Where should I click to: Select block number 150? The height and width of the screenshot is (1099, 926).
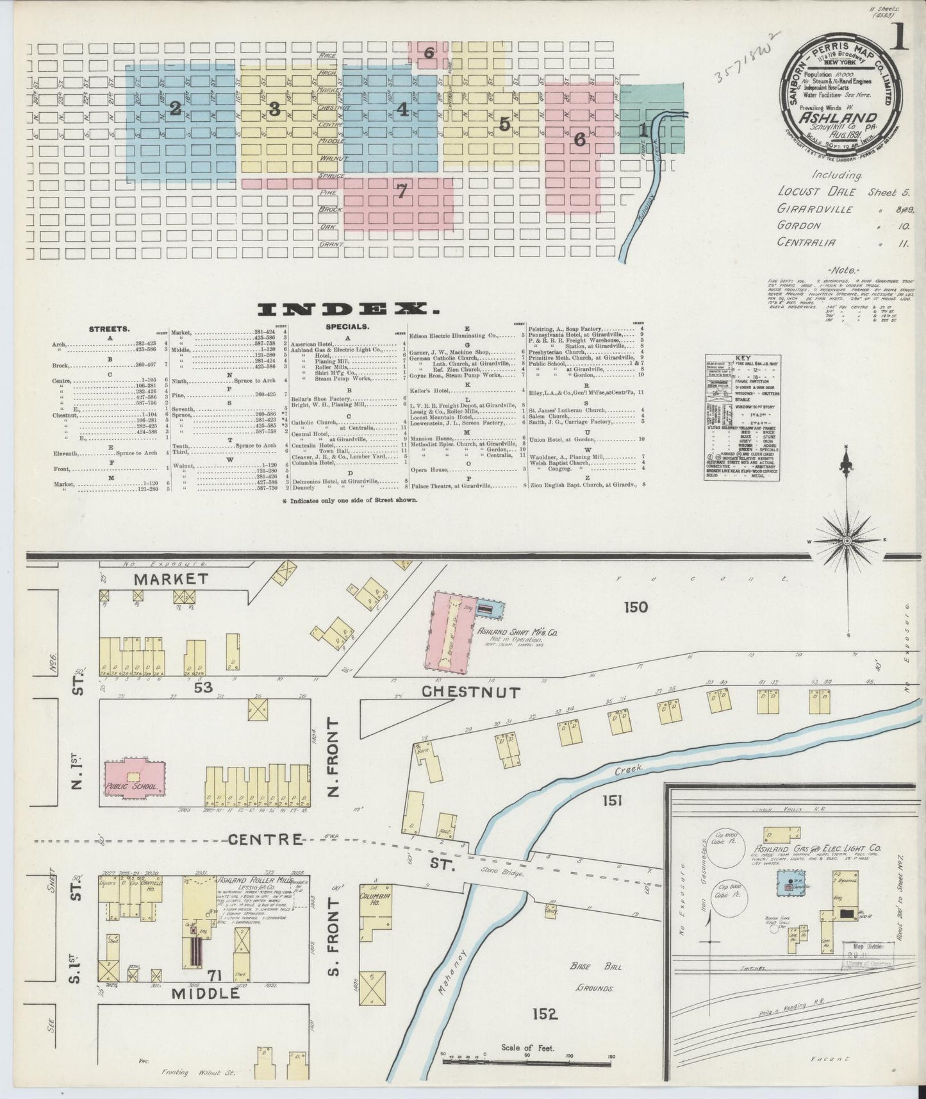[633, 606]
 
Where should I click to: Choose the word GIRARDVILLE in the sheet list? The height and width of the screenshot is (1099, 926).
[815, 208]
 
